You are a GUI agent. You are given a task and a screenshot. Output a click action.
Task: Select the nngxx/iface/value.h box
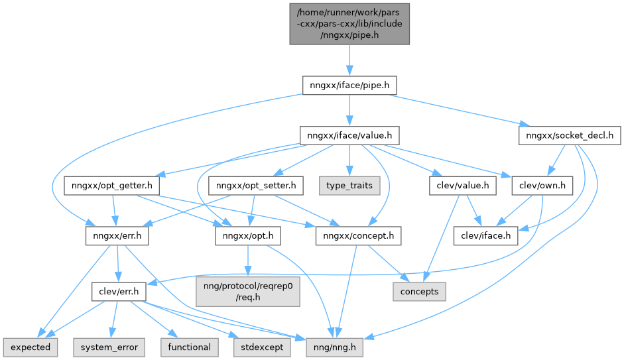tap(349, 136)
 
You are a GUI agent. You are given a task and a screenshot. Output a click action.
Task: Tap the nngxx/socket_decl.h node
tap(570, 136)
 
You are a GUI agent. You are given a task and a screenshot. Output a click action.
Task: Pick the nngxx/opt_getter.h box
tap(113, 186)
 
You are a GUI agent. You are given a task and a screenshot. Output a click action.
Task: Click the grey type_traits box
tap(349, 186)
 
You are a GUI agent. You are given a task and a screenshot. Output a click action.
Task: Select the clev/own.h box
tap(542, 186)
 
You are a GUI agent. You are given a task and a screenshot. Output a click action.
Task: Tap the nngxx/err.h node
tap(117, 237)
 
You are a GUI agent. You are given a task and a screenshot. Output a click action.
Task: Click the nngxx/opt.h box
tap(247, 237)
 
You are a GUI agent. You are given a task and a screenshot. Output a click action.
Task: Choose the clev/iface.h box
tap(485, 237)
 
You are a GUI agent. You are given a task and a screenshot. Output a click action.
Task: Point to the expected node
tap(30, 346)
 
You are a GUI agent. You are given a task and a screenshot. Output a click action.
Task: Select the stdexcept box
tap(261, 346)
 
